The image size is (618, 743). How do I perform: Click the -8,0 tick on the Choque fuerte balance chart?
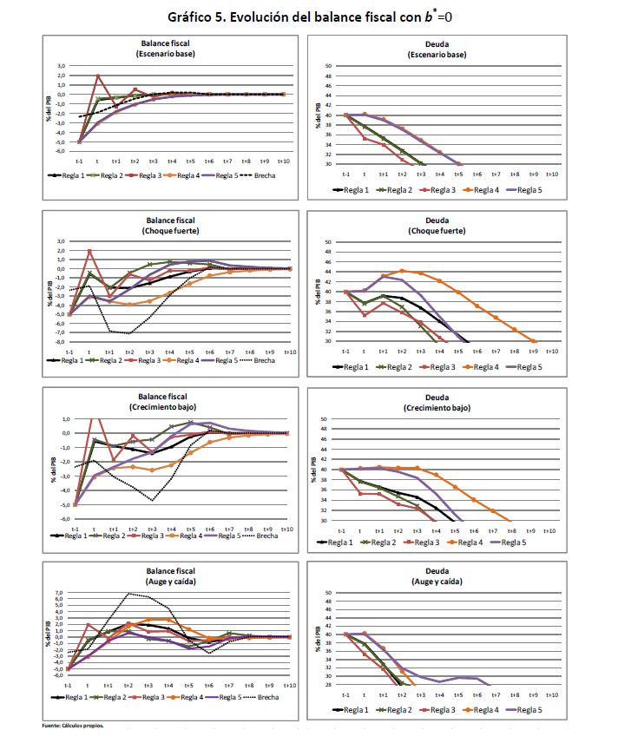(x=60, y=341)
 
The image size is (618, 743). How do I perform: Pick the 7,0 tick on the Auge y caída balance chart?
(x=60, y=592)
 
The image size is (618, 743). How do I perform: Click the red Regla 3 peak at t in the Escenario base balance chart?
(x=98, y=76)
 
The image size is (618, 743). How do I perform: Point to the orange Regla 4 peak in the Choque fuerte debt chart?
(x=401, y=271)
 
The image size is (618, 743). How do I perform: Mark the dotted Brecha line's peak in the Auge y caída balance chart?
(x=128, y=594)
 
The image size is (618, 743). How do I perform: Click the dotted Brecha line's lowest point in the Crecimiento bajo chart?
(x=152, y=500)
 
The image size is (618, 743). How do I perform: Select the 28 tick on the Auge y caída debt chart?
(x=327, y=686)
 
